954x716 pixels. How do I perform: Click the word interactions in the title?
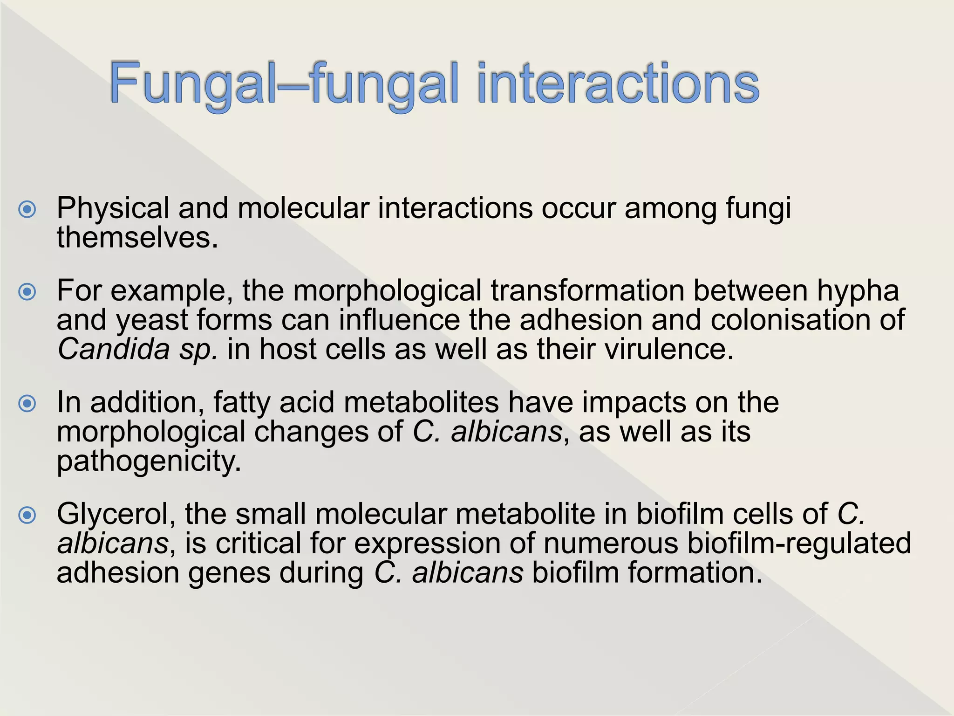coord(618,84)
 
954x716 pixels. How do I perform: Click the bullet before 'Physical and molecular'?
coord(27,209)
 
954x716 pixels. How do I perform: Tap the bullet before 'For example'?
coord(27,292)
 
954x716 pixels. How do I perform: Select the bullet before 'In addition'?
coord(27,403)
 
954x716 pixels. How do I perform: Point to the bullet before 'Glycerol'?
coord(27,515)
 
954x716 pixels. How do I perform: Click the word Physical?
coord(113,208)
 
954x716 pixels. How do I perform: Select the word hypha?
coord(858,291)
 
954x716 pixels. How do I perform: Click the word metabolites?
coord(421,402)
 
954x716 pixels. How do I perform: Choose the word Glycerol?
coord(116,515)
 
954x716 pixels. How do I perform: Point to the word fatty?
coord(241,402)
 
